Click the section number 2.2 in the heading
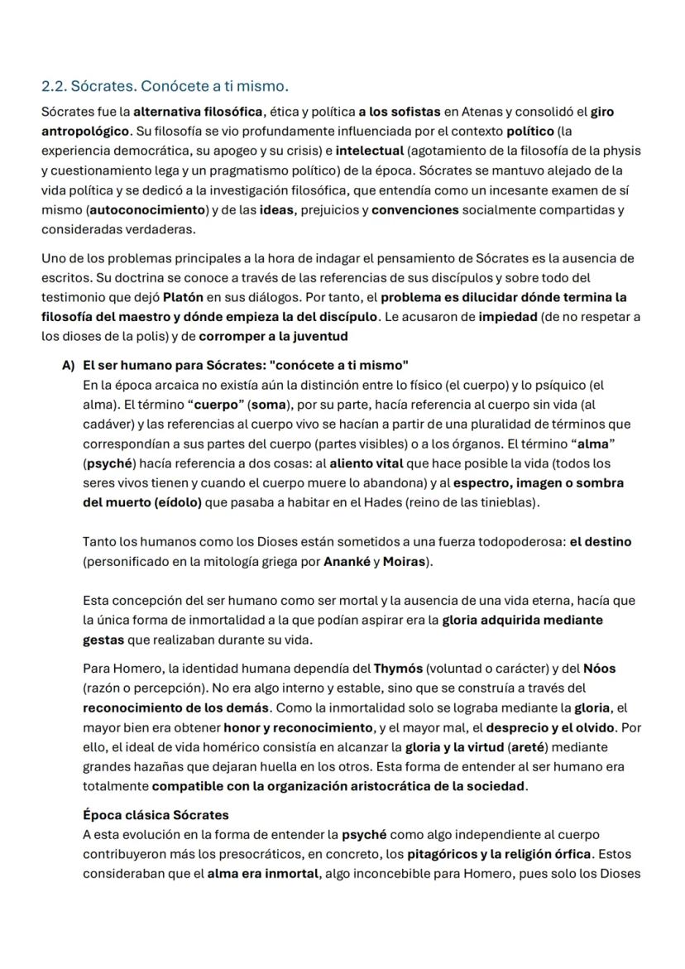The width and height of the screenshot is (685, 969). (54, 86)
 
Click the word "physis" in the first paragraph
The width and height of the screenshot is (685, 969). (622, 151)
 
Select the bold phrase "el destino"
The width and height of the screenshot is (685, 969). (601, 542)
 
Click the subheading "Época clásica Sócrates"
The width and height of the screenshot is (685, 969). (156, 815)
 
